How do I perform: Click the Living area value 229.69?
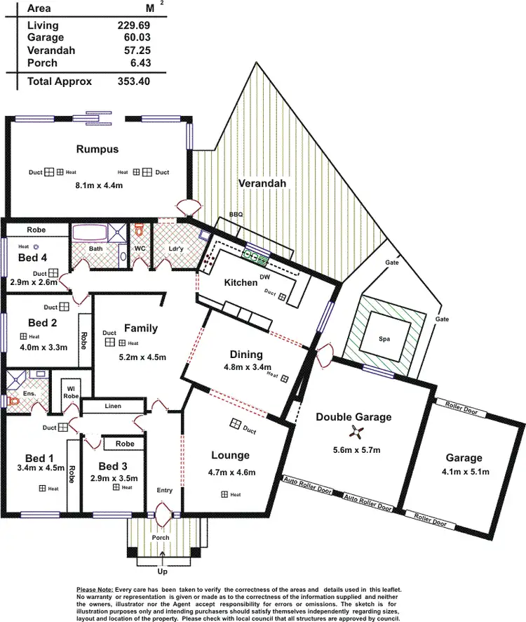click(x=133, y=25)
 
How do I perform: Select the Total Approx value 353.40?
click(x=133, y=81)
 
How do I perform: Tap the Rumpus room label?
click(x=97, y=149)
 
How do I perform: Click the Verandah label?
click(x=262, y=184)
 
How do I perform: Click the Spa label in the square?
click(x=384, y=338)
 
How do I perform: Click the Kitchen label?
click(x=241, y=282)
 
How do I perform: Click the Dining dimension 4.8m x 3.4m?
click(x=245, y=367)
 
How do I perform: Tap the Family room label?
click(x=141, y=328)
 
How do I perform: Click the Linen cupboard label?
click(x=113, y=406)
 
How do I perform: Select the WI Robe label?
click(x=70, y=392)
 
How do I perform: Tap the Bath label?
click(x=95, y=249)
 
